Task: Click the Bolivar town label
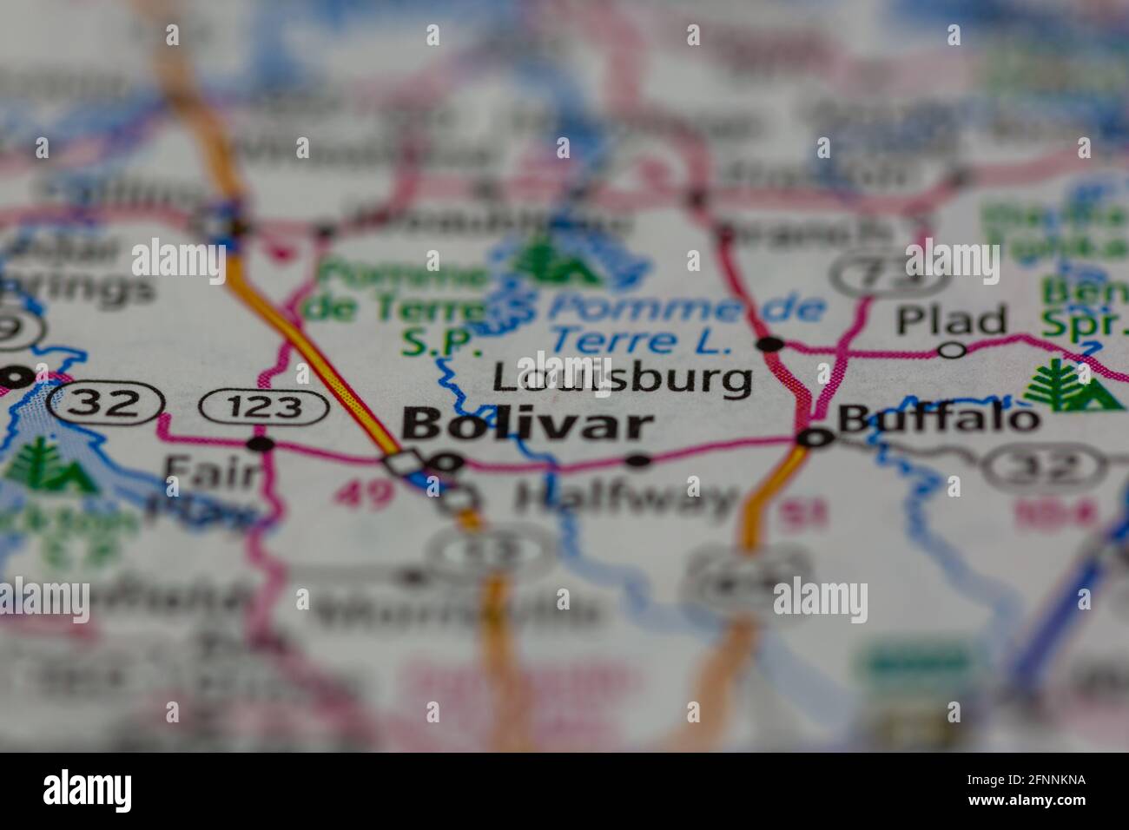pos(528,425)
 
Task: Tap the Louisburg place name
pos(622,379)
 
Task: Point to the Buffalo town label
pos(938,419)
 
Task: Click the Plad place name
pos(951,321)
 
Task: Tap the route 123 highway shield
pos(263,406)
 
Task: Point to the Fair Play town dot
pos(261,445)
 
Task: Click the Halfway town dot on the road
pos(639,460)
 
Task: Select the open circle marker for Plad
pos(953,350)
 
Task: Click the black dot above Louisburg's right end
pos(769,345)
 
